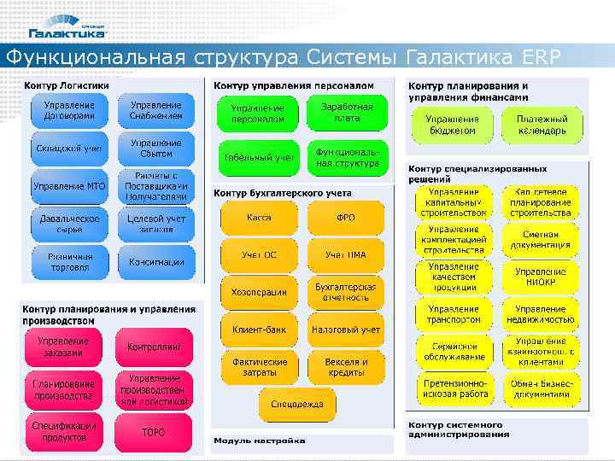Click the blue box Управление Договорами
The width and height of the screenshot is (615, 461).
[x=70, y=110]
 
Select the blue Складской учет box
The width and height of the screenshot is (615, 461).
[x=70, y=149]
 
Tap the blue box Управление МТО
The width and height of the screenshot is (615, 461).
[x=70, y=186]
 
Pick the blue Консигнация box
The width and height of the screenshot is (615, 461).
[x=156, y=262]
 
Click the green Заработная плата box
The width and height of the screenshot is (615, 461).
[x=347, y=113]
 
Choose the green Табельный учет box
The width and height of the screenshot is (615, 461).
[x=260, y=158]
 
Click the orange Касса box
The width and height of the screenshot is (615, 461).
[x=260, y=219]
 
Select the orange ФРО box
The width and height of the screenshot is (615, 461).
[x=346, y=219]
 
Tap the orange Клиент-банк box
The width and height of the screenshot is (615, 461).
[x=260, y=329]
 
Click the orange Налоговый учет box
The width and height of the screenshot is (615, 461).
[x=346, y=329]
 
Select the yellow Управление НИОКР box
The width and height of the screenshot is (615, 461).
[x=541, y=277]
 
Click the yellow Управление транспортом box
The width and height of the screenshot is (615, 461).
[x=454, y=314]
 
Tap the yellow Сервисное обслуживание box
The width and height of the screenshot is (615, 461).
[x=454, y=352]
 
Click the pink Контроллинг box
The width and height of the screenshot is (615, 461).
[x=155, y=347]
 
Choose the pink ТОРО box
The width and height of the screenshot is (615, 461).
[x=155, y=433]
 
